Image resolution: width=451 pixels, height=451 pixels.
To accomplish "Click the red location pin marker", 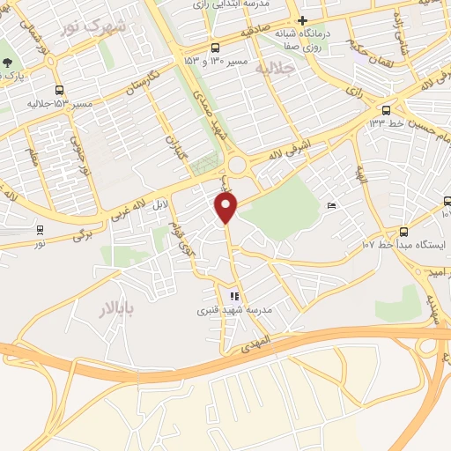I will tap(227, 208).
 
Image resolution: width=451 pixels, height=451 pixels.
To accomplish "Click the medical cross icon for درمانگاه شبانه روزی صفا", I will tap(302, 20).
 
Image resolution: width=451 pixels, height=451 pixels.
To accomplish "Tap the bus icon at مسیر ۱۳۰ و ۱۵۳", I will tap(215, 48).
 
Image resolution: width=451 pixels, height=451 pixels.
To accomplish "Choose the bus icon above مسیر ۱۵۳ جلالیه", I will tap(60, 91).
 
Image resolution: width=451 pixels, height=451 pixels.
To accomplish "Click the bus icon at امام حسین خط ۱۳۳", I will tap(386, 110).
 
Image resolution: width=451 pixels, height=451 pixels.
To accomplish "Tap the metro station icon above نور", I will tap(41, 230).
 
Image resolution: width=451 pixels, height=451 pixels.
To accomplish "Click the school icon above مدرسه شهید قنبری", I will tap(233, 297).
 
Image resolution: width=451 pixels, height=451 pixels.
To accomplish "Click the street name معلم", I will tap(33, 159).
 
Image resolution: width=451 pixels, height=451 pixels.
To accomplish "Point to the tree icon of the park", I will tap(8, 63).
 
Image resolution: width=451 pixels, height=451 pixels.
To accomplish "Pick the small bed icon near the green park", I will tap(331, 206).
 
